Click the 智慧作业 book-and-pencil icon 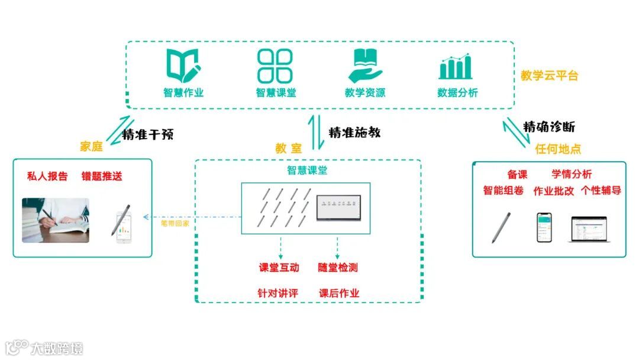pyautogui.click(x=183, y=65)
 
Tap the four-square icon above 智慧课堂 pyautogui.click(x=275, y=65)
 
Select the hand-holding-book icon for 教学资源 pyautogui.click(x=365, y=65)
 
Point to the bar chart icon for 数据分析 pyautogui.click(x=456, y=66)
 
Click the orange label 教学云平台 pyautogui.click(x=549, y=76)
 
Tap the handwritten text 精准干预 pyautogui.click(x=148, y=134)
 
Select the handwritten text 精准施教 pyautogui.click(x=354, y=132)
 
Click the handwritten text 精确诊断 pyautogui.click(x=548, y=127)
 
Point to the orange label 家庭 pyautogui.click(x=92, y=147)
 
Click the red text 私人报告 pyautogui.click(x=47, y=176)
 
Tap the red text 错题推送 pyautogui.click(x=102, y=176)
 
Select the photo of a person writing pyautogui.click(x=56, y=220)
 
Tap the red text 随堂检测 pyautogui.click(x=338, y=268)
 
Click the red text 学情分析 pyautogui.click(x=572, y=174)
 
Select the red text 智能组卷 pyautogui.click(x=503, y=191)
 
